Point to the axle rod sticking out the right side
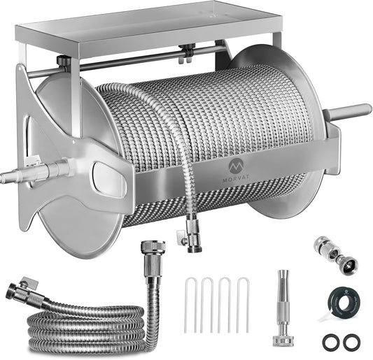point(350,112)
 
